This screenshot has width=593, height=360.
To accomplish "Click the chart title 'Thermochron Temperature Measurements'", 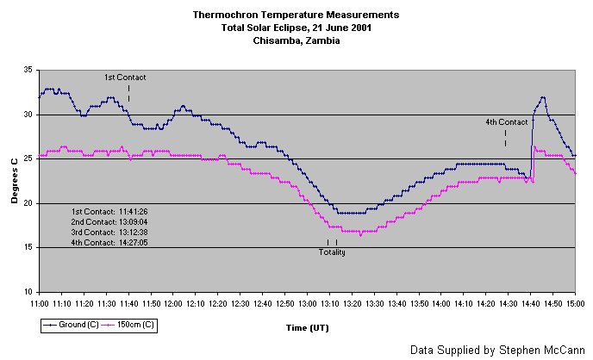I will [296, 15].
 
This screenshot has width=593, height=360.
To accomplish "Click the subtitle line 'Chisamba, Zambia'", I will [296, 40].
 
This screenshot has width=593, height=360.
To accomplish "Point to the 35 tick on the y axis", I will [28, 71].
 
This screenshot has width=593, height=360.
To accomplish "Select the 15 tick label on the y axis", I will [28, 248].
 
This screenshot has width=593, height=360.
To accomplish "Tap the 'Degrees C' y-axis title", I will [15, 182].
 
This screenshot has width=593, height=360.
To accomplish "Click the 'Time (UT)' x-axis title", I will [307, 327].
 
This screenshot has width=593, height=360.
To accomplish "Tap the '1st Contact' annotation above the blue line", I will [125, 78].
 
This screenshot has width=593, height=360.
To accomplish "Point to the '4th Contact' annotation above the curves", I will [506, 122].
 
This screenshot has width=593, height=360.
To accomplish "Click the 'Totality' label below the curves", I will [332, 251].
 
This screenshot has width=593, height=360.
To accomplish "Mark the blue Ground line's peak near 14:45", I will [543, 97].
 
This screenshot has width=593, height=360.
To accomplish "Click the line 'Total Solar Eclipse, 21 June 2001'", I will [296, 28].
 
